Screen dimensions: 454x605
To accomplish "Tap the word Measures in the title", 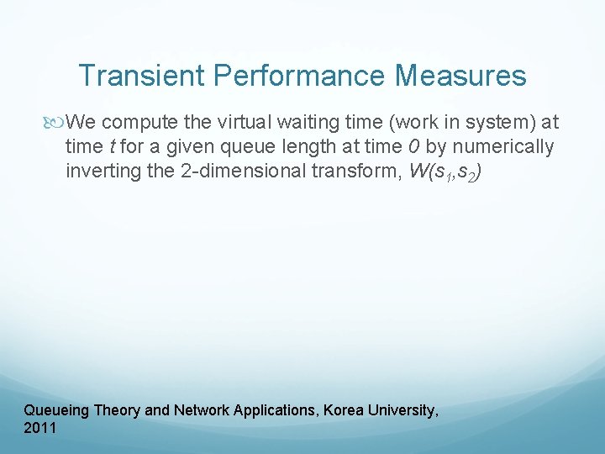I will [463, 76].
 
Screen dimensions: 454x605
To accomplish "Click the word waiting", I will [290, 124].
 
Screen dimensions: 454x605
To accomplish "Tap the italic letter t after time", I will [113, 148].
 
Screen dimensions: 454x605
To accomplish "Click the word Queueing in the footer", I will [57, 411].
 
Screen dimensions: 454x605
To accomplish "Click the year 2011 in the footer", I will [40, 428].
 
